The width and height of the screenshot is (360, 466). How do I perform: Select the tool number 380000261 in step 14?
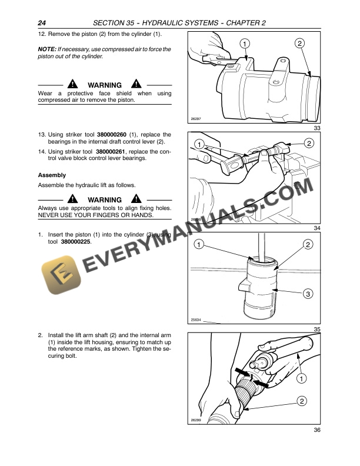pyautogui.click(x=116, y=151)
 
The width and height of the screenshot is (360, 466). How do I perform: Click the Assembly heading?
pyautogui.click(x=52, y=175)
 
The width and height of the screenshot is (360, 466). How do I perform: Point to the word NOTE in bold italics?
pyautogui.click(x=46, y=49)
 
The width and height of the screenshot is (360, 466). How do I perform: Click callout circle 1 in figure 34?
pyautogui.click(x=200, y=144)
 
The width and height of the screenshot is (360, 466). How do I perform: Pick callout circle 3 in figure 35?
pyautogui.click(x=308, y=293)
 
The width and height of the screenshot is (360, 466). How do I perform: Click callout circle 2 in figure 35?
pyautogui.click(x=308, y=244)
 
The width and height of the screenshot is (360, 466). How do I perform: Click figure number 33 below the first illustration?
pyautogui.click(x=317, y=129)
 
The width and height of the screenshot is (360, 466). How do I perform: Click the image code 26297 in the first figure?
pyautogui.click(x=196, y=119)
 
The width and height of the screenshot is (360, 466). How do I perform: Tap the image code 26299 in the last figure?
pyautogui.click(x=196, y=420)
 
